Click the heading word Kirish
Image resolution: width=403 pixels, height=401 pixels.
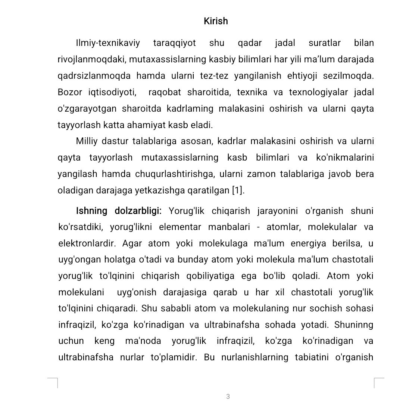pos(216,21)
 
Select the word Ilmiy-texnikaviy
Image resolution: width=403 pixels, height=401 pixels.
pos(108,43)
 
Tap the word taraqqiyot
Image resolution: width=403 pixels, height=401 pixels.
pos(174,43)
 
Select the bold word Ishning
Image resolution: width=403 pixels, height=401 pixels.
pos(91,211)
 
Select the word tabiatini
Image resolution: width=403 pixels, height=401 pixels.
pos(312,358)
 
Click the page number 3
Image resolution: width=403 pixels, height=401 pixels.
pos(228,397)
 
